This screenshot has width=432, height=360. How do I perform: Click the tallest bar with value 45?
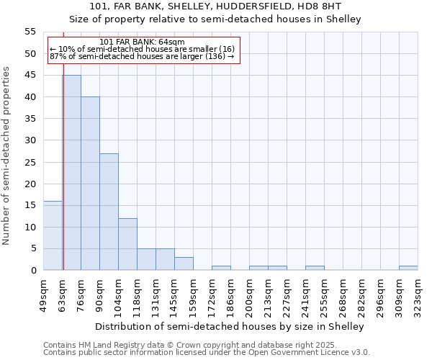[71, 173]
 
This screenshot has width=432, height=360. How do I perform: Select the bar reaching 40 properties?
[90, 184]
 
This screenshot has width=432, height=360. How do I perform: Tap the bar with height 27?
[109, 212]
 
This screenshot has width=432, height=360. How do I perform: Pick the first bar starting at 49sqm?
[53, 235]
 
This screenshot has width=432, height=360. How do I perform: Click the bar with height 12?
[127, 244]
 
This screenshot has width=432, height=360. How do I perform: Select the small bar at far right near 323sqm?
[408, 268]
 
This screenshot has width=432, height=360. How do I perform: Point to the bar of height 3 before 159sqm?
[184, 264]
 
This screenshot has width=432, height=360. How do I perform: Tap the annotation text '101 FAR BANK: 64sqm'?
[142, 42]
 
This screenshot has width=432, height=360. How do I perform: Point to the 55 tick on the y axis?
[30, 32]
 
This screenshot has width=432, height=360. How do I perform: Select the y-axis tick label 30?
[30, 140]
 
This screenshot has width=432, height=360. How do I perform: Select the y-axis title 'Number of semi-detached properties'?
[6, 156]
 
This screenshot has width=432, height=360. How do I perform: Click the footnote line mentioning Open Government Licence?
[207, 352]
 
